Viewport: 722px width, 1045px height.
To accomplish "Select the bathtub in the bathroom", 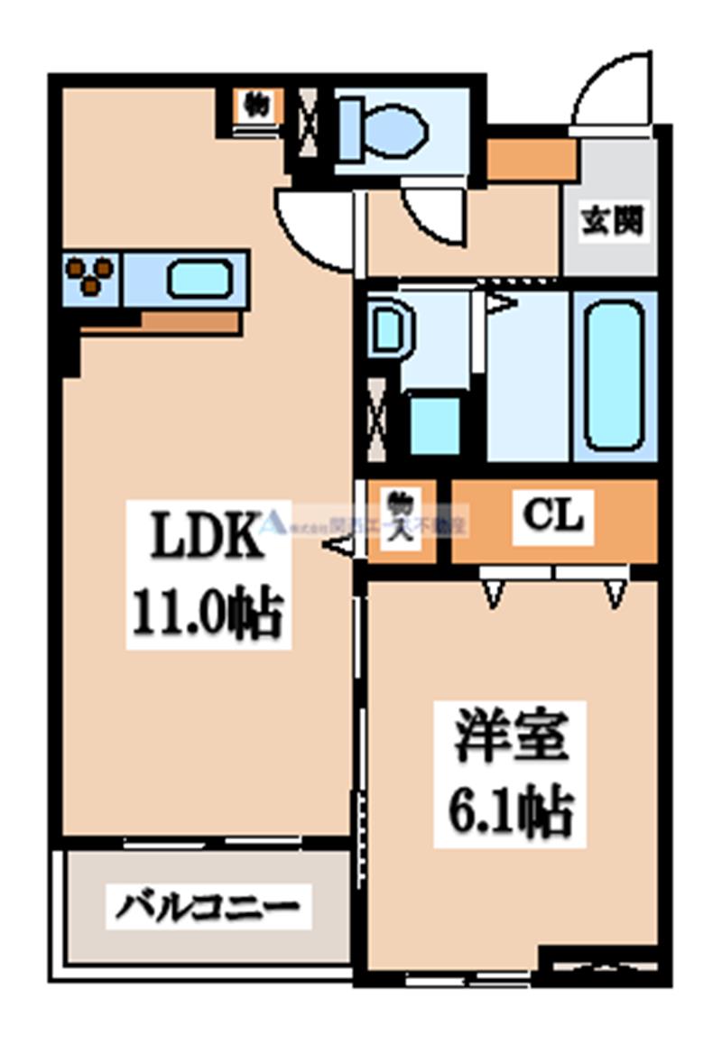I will pos(615,374).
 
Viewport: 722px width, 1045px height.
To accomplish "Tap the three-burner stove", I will pos(91,275).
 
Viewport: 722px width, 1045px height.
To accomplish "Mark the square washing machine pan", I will pos(435,423).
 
